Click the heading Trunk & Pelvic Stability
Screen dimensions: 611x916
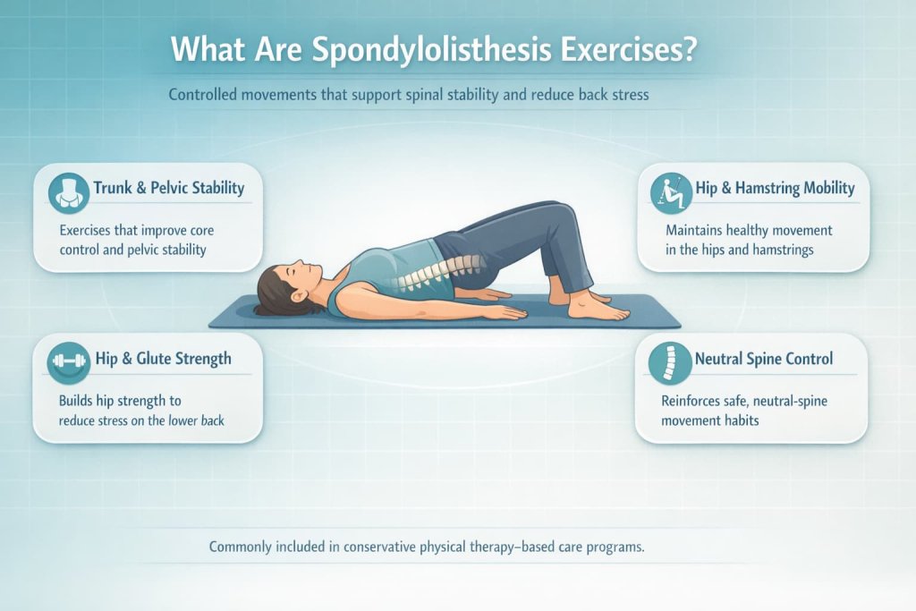(x=168, y=189)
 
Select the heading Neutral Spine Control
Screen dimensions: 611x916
(x=764, y=360)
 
